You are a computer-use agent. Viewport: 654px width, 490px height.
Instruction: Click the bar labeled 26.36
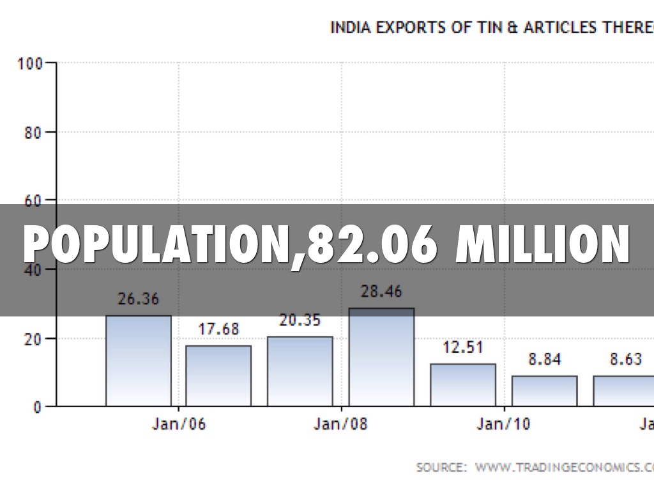point(139,360)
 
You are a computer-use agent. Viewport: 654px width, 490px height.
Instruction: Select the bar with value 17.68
point(218,375)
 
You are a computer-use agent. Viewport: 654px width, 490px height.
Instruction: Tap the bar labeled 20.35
point(300,371)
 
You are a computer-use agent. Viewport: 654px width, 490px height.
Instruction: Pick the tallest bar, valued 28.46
point(381,357)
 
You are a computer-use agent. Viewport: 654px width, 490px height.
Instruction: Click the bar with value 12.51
point(463,384)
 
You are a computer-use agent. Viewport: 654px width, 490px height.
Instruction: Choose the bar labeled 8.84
point(544,390)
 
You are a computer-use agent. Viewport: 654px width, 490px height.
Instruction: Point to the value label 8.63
point(625,359)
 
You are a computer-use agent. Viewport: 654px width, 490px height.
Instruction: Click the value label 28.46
point(381,292)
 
